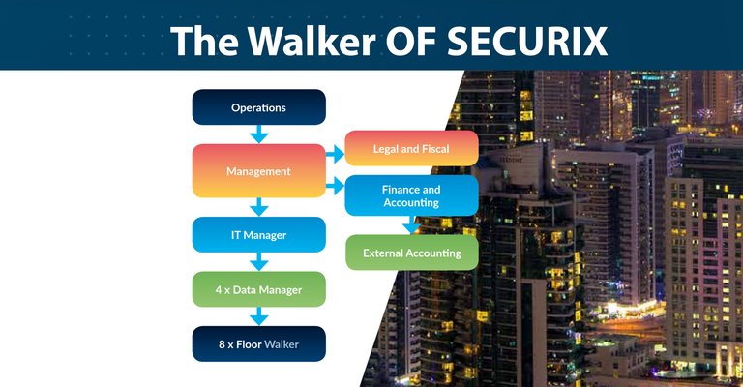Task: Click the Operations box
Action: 258,107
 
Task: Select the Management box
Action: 258,171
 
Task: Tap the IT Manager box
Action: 258,234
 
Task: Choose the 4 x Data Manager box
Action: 258,289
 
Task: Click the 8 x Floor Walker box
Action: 258,343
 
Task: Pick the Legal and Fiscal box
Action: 411,148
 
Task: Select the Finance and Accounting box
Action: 411,195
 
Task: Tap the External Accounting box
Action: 412,253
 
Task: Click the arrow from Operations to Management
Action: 258,134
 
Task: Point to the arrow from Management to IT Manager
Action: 258,207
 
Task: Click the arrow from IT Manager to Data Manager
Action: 258,262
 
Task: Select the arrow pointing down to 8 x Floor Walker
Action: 258,316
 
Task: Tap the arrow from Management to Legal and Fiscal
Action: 335,154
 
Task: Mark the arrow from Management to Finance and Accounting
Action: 335,186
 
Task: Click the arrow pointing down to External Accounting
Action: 411,225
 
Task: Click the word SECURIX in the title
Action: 527,42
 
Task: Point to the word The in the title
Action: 204,42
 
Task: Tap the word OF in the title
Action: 411,42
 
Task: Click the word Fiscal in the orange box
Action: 435,149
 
